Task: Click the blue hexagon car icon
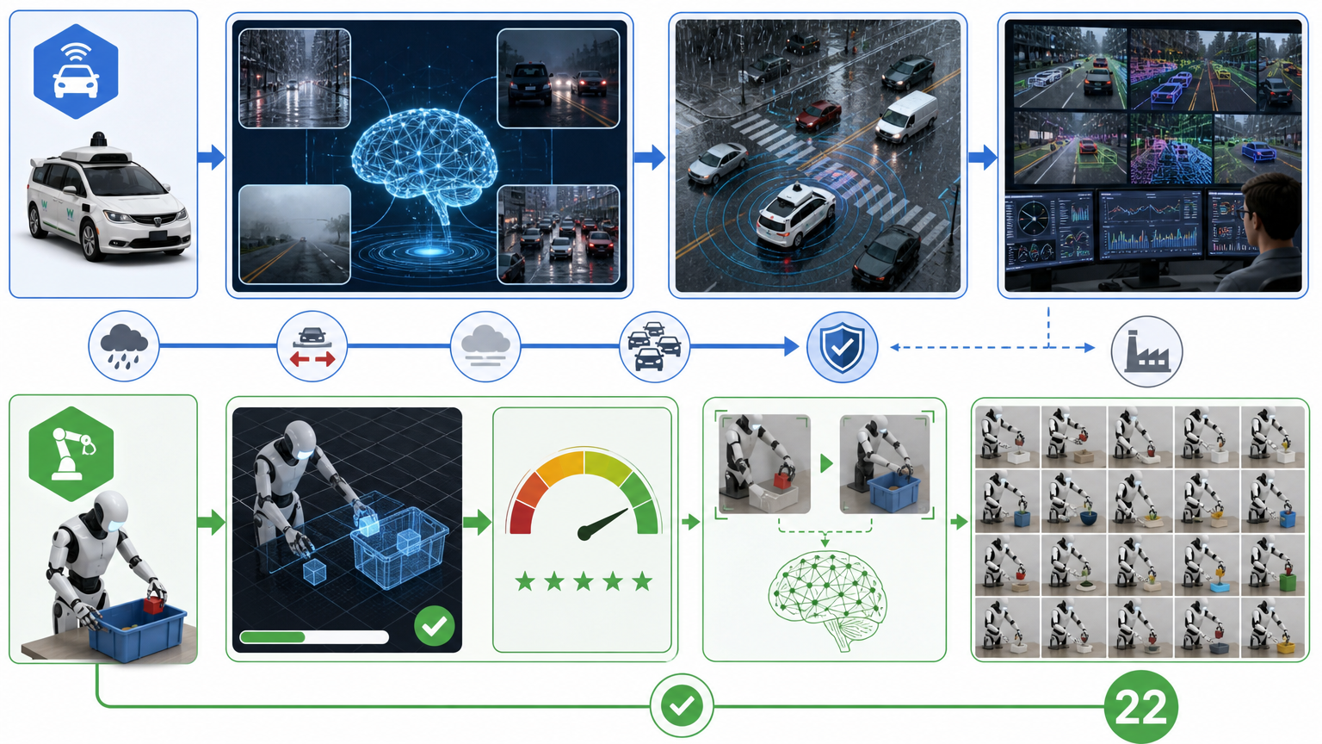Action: point(76,71)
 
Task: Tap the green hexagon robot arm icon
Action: point(71,454)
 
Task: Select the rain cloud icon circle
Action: point(124,346)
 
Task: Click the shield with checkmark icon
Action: point(843,347)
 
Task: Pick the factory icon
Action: point(1146,351)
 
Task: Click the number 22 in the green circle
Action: point(1141,707)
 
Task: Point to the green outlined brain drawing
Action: point(827,599)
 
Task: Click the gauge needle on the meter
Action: point(603,524)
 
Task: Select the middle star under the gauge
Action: point(583,581)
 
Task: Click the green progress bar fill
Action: point(273,637)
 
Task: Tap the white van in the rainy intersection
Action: point(906,117)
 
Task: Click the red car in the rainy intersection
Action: point(818,115)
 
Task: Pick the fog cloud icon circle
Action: point(485,347)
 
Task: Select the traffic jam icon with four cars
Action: point(654,347)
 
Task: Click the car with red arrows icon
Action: point(312,347)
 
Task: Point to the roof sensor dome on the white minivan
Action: point(99,139)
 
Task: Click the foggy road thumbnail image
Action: point(294,234)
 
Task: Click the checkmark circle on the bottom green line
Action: point(682,705)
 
